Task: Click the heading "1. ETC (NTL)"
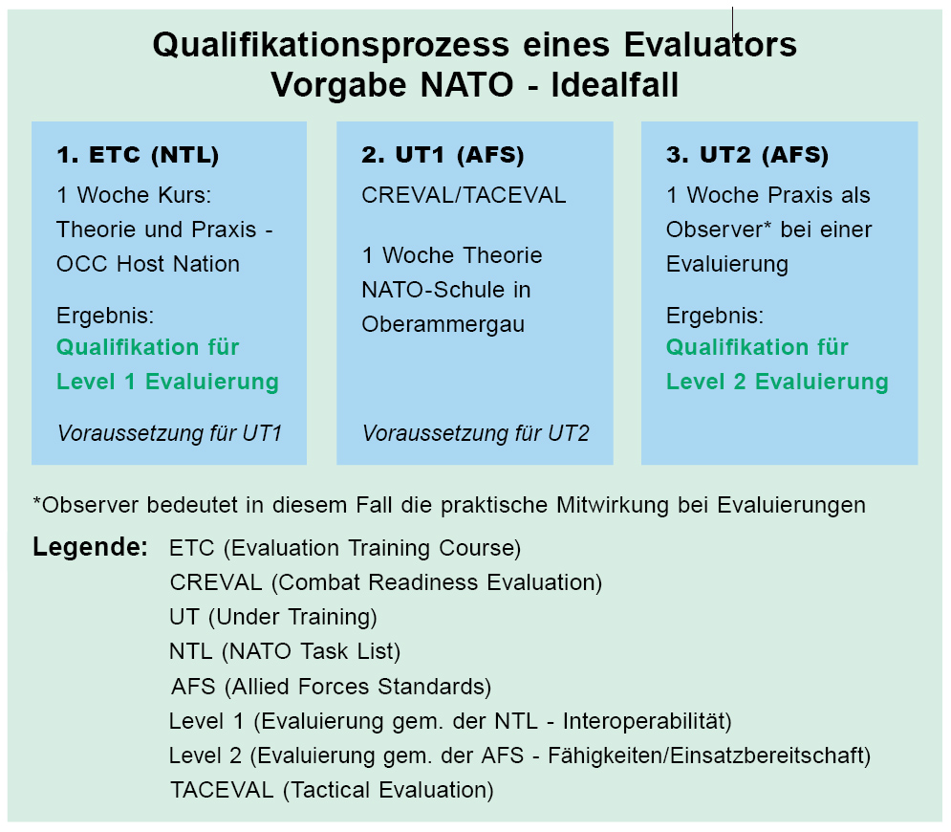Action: click(x=138, y=155)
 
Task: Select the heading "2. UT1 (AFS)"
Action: click(x=443, y=155)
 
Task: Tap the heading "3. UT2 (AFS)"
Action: click(x=747, y=155)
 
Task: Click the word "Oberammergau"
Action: click(x=443, y=324)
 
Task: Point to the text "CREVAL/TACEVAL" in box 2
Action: click(x=464, y=195)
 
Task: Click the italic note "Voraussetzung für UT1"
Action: click(x=170, y=433)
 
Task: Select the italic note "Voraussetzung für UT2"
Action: click(x=476, y=433)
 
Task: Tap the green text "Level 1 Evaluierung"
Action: click(x=167, y=382)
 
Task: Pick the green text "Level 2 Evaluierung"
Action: click(x=777, y=382)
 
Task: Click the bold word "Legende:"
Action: click(x=91, y=547)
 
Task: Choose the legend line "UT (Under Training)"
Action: click(x=273, y=617)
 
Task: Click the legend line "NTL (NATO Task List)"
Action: click(x=285, y=652)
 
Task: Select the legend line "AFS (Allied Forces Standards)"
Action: click(x=331, y=687)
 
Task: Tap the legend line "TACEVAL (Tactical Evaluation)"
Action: click(x=332, y=790)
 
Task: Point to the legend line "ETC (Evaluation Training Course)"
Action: click(x=345, y=548)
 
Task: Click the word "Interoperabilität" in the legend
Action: click(x=647, y=721)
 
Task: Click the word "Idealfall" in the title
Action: click(x=615, y=84)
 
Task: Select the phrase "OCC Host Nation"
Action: click(x=148, y=264)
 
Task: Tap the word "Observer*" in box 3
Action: click(x=719, y=230)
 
